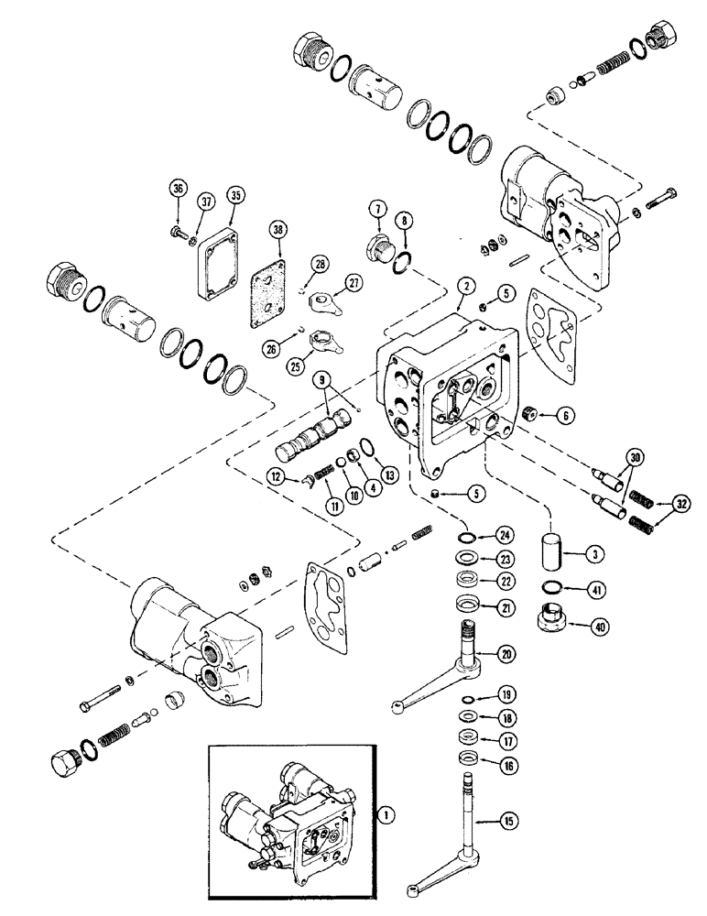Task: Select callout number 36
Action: click(x=178, y=190)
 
